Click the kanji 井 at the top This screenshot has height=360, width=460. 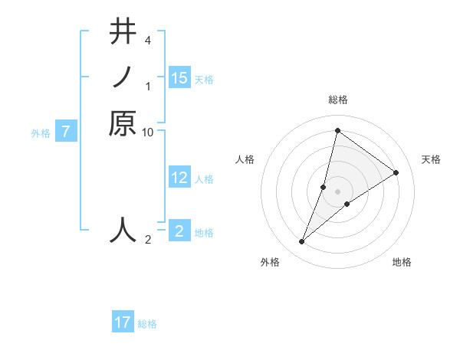pos(123,32)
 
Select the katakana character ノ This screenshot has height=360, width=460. pos(123,77)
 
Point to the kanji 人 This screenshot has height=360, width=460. pos(123,229)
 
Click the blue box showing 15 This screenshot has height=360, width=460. pos(179,78)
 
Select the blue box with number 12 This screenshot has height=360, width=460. pos(179,178)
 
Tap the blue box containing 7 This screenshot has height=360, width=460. pos(67,132)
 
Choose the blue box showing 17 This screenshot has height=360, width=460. pos(123,322)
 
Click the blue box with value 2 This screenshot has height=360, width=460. pos(179,231)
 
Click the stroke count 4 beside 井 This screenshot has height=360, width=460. pos(148,40)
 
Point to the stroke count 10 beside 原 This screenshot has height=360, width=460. pos(148,132)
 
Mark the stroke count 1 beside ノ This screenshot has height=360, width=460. pos(148,86)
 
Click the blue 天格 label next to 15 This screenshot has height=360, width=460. pos(204,80)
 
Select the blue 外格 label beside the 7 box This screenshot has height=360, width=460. pos(41,133)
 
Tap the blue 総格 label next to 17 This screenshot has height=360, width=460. pos(147,324)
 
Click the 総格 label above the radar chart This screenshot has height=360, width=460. pos(337,100)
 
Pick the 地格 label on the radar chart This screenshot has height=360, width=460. pos(402,263)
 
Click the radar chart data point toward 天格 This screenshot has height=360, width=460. pos(396,172)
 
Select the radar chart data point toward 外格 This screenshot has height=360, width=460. pos(302,242)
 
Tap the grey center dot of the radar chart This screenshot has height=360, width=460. pos(337,191)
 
